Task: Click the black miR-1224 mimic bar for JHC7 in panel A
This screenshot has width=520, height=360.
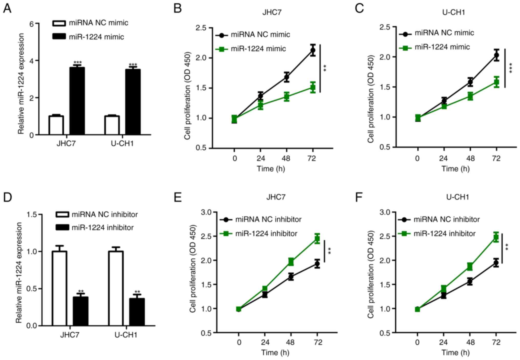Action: [77, 101]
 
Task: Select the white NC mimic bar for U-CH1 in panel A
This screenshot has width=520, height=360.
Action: [112, 125]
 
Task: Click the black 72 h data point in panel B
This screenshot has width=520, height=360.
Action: [313, 50]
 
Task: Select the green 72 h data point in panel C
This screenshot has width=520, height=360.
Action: [496, 82]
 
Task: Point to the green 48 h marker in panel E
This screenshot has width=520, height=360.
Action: [291, 262]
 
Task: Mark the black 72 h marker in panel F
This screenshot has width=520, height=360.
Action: [496, 263]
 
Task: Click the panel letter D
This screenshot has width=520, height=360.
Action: [7, 197]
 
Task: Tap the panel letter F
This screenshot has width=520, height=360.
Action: [359, 197]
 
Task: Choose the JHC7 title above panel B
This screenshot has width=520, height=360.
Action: [272, 12]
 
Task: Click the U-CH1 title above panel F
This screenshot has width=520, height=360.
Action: [458, 197]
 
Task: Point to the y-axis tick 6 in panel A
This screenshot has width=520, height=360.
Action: [32, 24]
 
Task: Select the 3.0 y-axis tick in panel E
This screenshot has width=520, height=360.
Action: [206, 212]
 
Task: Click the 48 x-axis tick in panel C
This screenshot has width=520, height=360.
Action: [470, 158]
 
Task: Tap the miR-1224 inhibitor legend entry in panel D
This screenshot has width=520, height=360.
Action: [102, 228]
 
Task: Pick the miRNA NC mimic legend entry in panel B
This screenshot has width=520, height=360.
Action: [260, 35]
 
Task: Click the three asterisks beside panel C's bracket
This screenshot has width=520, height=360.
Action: [511, 68]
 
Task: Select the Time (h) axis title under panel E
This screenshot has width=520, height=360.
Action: [275, 353]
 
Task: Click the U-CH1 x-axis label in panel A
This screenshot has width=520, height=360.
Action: [122, 143]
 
